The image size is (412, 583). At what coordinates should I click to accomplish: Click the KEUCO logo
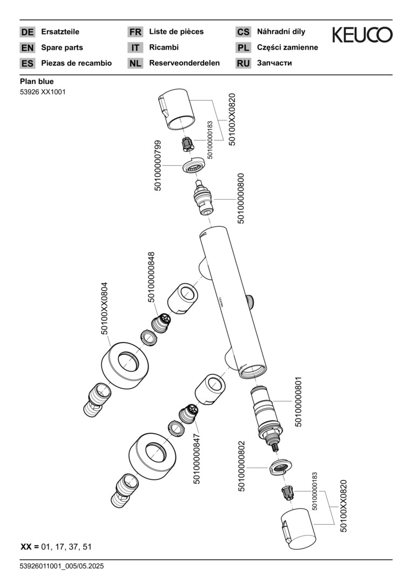(x=362, y=36)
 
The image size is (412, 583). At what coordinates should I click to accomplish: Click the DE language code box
(x=27, y=32)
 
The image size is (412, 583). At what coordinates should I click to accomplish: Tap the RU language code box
(x=243, y=63)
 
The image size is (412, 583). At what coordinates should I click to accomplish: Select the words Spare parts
(x=62, y=48)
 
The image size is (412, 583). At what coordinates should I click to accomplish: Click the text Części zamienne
(x=287, y=48)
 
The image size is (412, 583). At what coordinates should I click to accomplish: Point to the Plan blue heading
(x=37, y=82)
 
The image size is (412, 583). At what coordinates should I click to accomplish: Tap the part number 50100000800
(x=241, y=198)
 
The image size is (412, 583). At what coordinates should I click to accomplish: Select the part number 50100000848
(x=151, y=277)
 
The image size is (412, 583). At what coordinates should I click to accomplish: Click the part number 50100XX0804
(x=105, y=308)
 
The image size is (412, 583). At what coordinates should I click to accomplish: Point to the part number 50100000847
(x=197, y=458)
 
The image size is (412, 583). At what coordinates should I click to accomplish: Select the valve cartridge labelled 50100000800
(x=203, y=197)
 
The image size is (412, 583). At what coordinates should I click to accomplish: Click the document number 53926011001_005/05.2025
(x=62, y=566)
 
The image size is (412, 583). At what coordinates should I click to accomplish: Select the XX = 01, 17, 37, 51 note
(x=56, y=547)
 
